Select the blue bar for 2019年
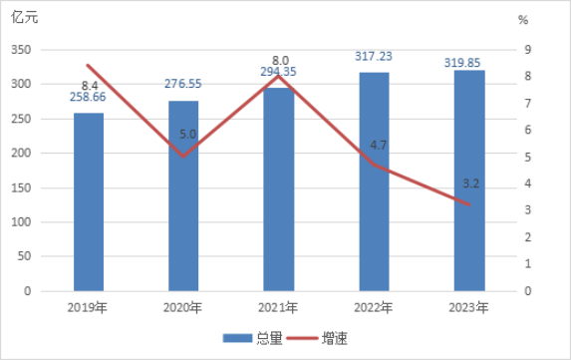point(89,201)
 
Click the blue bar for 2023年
point(469,180)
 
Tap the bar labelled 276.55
point(183,196)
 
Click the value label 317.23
point(374,57)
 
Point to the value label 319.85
point(462,63)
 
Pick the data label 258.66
point(88,97)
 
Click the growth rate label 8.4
point(90,86)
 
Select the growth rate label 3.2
point(471,183)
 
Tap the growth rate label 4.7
point(379,146)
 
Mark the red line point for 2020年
point(183,157)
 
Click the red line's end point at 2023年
point(469,205)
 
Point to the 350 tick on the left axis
point(21,50)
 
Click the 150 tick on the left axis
point(21,188)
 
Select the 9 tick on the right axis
point(528,50)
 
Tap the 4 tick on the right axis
point(528,183)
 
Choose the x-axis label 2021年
point(278,308)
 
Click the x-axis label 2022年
point(374,308)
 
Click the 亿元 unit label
point(24,17)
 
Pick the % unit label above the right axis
point(523,20)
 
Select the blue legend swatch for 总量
point(237,338)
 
